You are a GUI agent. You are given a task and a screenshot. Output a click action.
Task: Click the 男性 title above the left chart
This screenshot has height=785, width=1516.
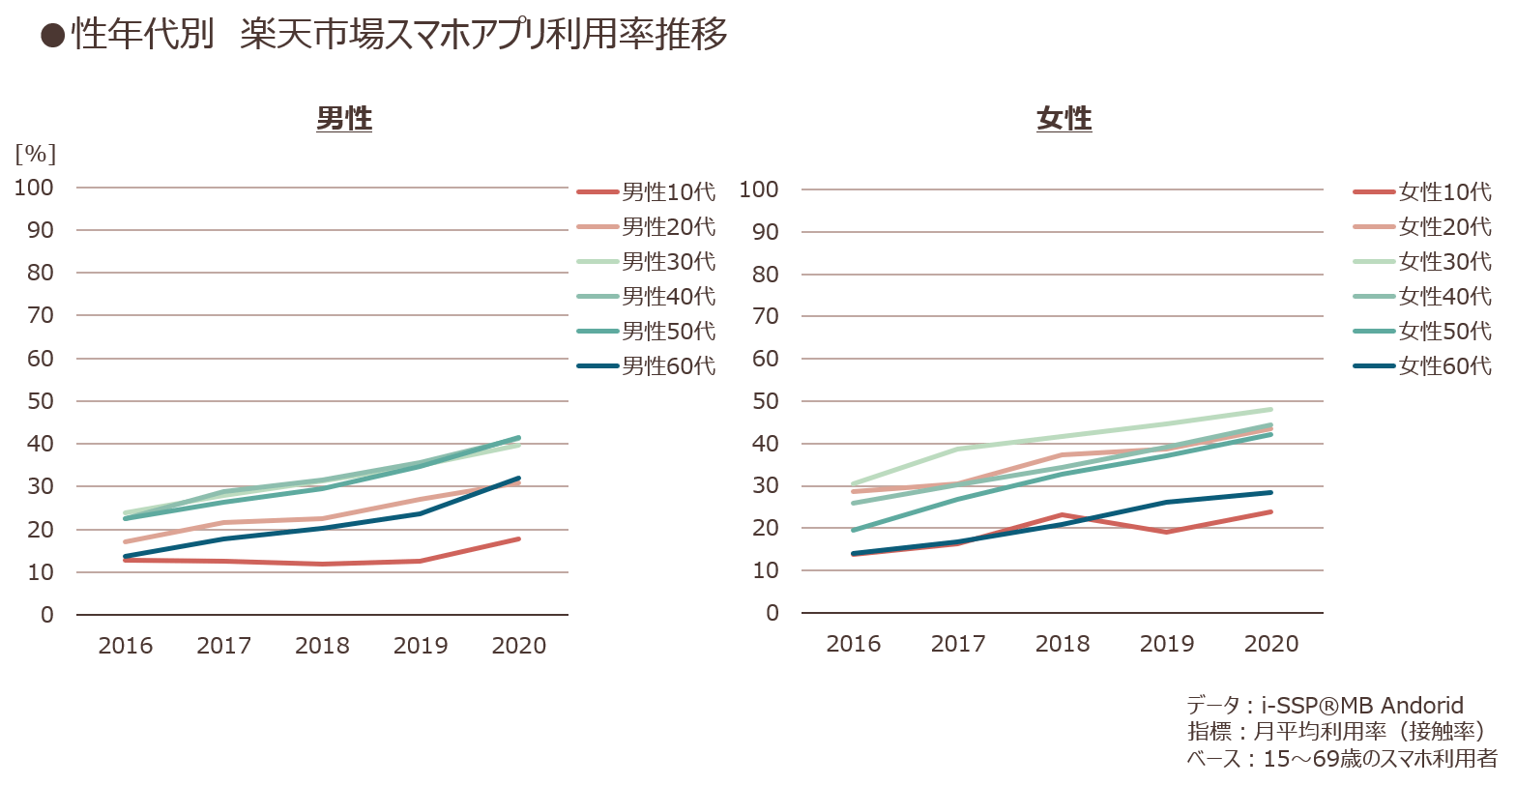click(344, 118)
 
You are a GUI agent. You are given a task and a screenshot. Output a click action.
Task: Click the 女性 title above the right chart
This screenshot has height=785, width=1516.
click(1064, 118)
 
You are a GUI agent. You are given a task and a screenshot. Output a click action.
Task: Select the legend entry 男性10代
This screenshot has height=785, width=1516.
click(646, 192)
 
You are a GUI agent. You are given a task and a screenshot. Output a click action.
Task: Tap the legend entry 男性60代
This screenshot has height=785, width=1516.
click(646, 366)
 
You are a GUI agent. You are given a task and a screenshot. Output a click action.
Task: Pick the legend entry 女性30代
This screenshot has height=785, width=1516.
click(1422, 261)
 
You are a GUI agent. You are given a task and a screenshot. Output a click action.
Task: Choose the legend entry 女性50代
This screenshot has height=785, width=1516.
click(1422, 331)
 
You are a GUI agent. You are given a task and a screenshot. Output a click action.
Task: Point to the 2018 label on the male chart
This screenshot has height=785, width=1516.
click(322, 646)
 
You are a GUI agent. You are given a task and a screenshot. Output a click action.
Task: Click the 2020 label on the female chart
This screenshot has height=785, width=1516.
click(1271, 644)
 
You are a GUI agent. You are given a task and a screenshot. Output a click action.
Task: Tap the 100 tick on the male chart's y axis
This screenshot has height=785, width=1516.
click(34, 188)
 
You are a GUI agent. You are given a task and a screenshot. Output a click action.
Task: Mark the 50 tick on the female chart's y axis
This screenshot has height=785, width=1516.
click(766, 401)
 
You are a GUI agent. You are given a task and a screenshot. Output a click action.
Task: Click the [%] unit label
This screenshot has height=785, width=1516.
click(35, 154)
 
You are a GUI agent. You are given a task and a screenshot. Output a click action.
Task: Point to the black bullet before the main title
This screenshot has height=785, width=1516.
click(52, 36)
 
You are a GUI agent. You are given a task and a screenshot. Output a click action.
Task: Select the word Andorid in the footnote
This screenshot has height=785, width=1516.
click(1422, 705)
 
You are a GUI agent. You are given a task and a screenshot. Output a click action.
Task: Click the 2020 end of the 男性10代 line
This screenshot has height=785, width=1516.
click(519, 538)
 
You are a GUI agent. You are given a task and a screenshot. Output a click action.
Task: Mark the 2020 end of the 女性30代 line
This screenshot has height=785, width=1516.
click(1271, 410)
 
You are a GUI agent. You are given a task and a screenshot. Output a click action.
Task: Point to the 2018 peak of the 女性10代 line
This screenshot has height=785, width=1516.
click(1063, 515)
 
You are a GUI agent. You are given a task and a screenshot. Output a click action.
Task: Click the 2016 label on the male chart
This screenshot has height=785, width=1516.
click(126, 646)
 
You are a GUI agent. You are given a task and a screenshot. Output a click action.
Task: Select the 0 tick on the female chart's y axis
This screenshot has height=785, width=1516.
click(773, 613)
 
